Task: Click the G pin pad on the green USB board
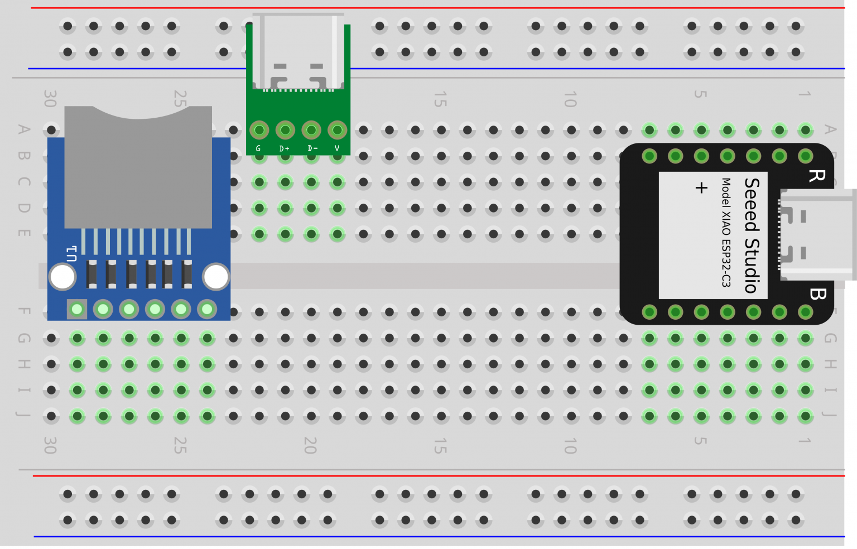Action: click(x=259, y=131)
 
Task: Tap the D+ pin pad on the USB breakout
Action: click(x=285, y=131)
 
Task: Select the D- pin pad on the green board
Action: click(x=311, y=131)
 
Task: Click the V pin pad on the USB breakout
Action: click(x=337, y=131)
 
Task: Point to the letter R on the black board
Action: click(x=816, y=176)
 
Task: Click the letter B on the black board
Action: click(x=817, y=294)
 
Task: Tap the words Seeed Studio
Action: click(x=752, y=235)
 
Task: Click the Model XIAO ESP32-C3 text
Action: click(x=726, y=232)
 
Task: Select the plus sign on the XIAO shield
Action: click(x=701, y=187)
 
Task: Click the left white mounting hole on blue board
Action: click(x=62, y=277)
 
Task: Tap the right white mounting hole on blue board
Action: click(x=216, y=277)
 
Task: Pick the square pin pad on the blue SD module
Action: click(x=77, y=309)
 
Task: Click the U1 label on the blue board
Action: click(x=71, y=254)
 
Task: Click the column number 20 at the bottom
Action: click(x=310, y=445)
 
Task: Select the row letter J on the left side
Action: click(x=23, y=415)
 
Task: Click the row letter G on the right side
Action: click(x=830, y=338)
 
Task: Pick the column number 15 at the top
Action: click(x=440, y=99)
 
